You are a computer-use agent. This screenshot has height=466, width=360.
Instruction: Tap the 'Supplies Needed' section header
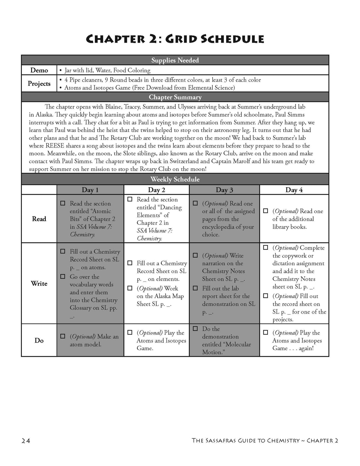[x=175, y=60]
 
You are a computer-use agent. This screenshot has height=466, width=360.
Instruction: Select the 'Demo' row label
[x=39, y=70]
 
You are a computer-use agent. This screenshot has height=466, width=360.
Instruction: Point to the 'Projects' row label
[x=39, y=83]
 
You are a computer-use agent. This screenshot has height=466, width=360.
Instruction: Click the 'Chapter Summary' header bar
[x=175, y=97]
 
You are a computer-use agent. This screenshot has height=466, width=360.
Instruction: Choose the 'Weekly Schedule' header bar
[x=175, y=179]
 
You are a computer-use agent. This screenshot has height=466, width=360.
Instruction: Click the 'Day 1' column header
[x=90, y=190]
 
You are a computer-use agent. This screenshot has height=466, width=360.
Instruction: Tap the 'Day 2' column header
[x=156, y=190]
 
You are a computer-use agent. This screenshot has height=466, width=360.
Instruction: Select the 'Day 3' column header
[x=224, y=190]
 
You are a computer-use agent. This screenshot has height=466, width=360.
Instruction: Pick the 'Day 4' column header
[x=294, y=190]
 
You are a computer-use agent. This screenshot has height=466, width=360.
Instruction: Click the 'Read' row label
[x=39, y=219]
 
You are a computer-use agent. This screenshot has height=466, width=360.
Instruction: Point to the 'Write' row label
[x=39, y=284]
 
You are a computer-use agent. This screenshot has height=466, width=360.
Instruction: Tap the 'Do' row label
[x=39, y=341]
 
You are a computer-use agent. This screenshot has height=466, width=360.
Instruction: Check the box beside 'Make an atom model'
[x=63, y=336]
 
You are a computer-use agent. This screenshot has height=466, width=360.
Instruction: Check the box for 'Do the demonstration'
[x=195, y=329]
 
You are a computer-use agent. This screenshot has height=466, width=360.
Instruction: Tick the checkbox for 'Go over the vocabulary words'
[x=63, y=276]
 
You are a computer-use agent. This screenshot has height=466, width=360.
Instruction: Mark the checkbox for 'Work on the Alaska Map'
[x=130, y=288]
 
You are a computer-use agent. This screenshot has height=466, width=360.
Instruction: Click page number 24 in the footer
[x=26, y=440]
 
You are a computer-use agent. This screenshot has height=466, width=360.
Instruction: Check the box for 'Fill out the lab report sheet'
[x=195, y=288]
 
